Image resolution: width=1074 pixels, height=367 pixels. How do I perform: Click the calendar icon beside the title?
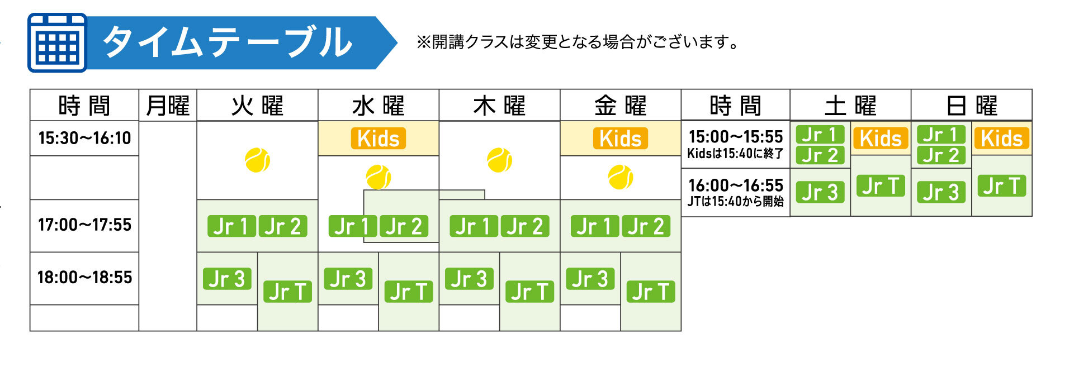tap(57, 43)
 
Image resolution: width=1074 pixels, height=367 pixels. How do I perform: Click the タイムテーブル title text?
tap(227, 42)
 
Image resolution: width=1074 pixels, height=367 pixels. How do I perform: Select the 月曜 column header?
tap(168, 106)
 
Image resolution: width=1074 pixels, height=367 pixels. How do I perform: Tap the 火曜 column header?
tap(257, 106)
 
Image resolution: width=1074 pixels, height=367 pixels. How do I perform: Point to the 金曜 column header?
tap(620, 106)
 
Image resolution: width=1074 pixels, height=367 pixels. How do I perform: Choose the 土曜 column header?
tap(850, 106)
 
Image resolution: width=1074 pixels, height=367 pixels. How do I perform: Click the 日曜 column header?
tap(972, 106)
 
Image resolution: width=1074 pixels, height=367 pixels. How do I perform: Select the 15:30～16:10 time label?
tap(84, 138)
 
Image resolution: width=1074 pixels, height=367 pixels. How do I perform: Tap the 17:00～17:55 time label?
tap(84, 225)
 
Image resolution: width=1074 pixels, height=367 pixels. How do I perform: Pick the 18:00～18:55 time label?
tap(84, 278)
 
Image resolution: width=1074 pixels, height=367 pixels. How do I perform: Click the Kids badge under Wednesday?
tap(378, 139)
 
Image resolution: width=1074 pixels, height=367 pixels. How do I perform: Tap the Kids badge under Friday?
tap(621, 139)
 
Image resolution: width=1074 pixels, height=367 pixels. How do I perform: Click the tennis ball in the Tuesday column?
tap(257, 160)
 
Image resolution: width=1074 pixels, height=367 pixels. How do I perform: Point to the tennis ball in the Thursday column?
tap(499, 160)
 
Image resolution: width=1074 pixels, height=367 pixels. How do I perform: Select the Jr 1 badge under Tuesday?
tap(231, 226)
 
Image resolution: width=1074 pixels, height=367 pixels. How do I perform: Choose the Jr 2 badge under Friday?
tap(646, 226)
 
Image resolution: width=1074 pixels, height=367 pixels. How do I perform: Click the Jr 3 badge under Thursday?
tap(469, 279)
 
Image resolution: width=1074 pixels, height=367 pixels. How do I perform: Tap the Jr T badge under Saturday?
tap(881, 186)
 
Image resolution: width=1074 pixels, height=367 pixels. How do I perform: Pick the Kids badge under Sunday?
tap(1002, 139)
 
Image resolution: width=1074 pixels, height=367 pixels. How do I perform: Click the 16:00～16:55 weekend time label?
tap(736, 185)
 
